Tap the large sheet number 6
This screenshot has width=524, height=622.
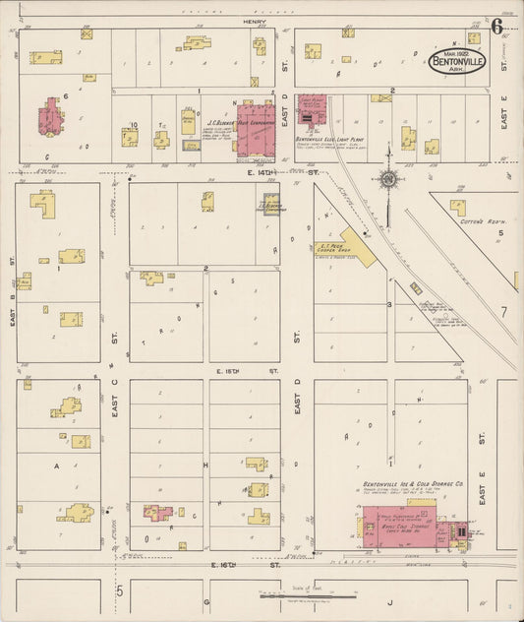498,26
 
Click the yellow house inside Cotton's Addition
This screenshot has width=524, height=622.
458,207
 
